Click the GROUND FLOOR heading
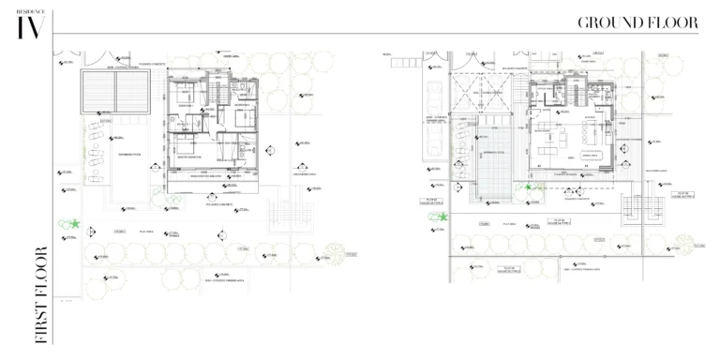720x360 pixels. click(637, 22)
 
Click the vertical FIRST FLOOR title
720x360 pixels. click(40, 294)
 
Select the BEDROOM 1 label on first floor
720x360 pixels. click(187, 106)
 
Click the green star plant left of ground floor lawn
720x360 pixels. click(442, 217)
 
